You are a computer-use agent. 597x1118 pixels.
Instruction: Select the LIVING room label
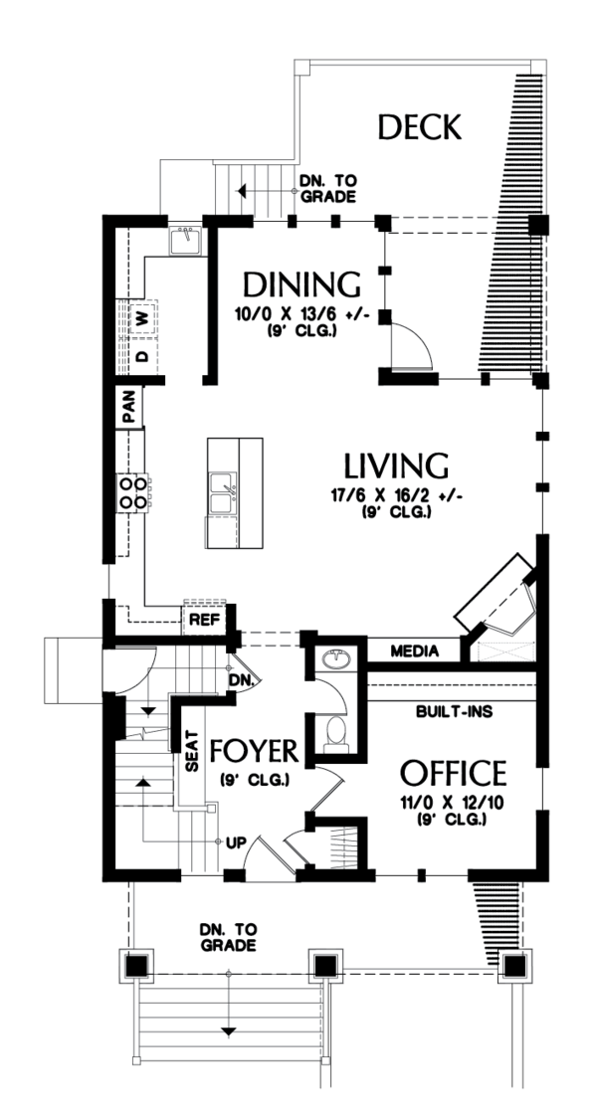coord(396,466)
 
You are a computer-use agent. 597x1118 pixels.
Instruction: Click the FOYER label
coord(255,749)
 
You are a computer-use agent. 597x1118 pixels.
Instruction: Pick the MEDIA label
coord(415,652)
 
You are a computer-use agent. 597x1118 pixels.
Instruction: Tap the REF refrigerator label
coord(204,620)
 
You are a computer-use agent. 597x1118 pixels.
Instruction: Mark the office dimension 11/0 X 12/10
coord(453,802)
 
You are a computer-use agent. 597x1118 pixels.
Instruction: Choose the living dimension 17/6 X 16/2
coord(396,495)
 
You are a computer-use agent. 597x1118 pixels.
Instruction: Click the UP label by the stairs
coord(235,842)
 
